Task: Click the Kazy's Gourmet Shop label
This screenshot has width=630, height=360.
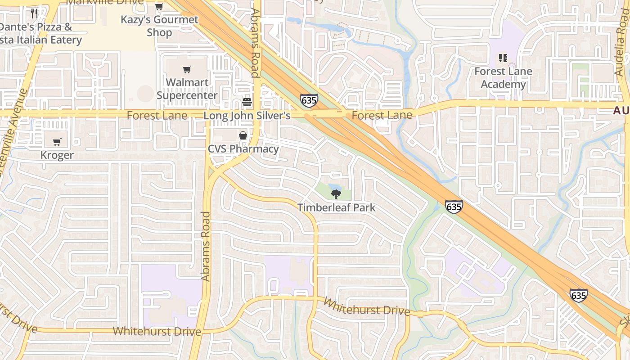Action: tap(159, 26)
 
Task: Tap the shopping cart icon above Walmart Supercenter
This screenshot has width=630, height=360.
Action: tap(187, 69)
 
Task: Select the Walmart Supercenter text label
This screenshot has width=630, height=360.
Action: tap(187, 89)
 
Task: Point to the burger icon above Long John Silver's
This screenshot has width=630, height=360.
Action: tap(247, 102)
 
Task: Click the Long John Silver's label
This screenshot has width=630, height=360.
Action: tap(247, 116)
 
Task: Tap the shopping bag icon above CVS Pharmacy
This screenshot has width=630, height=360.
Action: tap(243, 135)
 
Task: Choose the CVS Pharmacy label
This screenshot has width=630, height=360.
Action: tap(243, 148)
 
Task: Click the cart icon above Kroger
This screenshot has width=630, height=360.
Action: tap(57, 142)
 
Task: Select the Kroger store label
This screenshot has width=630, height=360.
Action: tap(57, 155)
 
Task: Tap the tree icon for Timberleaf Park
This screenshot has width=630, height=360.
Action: tap(336, 194)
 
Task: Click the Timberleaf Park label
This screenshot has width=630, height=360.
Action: tap(336, 207)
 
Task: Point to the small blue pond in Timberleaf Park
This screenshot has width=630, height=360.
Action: tap(334, 186)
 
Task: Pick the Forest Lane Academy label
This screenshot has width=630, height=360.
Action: tap(503, 78)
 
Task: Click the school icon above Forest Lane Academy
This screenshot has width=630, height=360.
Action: tap(503, 58)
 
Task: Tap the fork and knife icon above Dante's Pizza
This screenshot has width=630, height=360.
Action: tap(34, 13)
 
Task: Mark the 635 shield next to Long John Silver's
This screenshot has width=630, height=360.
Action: tap(309, 100)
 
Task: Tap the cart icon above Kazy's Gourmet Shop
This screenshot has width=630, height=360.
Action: tap(159, 6)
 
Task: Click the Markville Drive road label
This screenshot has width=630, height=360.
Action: tap(105, 2)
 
